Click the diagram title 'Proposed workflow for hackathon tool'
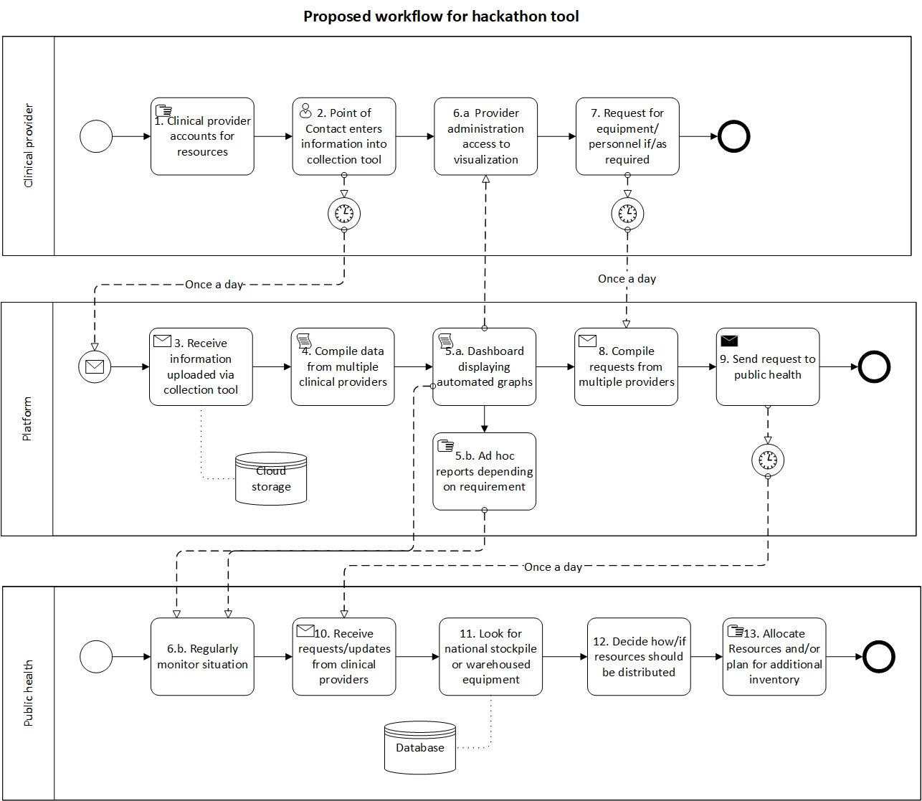tap(441, 16)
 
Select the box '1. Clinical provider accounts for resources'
tap(202, 136)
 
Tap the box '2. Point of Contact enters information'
tap(344, 136)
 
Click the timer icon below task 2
tap(344, 213)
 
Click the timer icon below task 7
tap(627, 213)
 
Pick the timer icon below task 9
tap(768, 459)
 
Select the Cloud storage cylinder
tap(271, 478)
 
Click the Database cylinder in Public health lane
tap(420, 747)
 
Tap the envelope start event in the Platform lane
tap(95, 367)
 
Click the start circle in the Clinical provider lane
tap(96, 136)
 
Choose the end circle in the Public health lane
tap(879, 656)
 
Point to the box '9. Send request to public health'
tap(767, 367)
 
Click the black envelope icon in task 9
tap(729, 341)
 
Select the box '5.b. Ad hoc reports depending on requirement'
tap(485, 471)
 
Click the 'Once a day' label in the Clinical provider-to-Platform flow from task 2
tap(214, 285)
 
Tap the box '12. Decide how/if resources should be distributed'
tap(639, 657)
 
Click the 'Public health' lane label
tap(29, 693)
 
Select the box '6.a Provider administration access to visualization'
tap(485, 136)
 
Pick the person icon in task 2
tap(305, 110)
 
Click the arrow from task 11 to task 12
tap(565, 656)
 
